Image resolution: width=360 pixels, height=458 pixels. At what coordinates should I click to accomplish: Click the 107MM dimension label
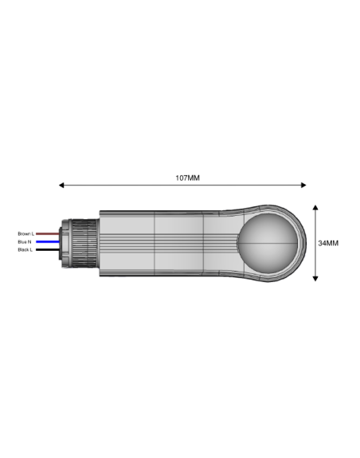click(188, 177)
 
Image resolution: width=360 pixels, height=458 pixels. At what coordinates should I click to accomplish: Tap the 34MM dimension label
click(328, 242)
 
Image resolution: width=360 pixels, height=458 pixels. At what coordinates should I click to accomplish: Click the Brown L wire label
click(25, 233)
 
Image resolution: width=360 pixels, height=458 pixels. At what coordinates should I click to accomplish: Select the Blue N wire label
click(25, 241)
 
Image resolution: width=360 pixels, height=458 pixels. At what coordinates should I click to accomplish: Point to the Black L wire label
click(25, 249)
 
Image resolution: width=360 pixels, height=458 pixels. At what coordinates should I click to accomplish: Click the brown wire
click(47, 233)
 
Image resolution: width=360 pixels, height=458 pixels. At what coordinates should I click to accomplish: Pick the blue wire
click(47, 241)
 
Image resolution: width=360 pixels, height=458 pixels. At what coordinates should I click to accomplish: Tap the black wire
click(47, 249)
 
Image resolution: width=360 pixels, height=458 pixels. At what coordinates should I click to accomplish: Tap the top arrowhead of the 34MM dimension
click(316, 206)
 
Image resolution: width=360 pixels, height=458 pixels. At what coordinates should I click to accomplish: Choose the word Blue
click(22, 241)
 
